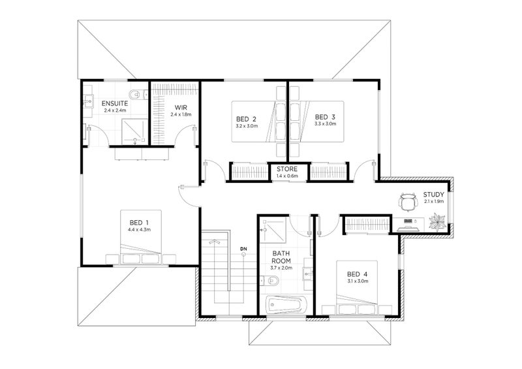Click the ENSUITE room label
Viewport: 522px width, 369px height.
pyautogui.click(x=115, y=103)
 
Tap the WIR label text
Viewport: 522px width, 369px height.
pyautogui.click(x=181, y=108)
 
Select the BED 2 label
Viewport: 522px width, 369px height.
pyautogui.click(x=246, y=119)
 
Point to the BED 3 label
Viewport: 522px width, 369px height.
pyautogui.click(x=325, y=117)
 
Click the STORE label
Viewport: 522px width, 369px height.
pyautogui.click(x=287, y=169)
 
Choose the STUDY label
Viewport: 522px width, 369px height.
pyautogui.click(x=433, y=195)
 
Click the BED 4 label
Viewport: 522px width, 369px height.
pyautogui.click(x=357, y=274)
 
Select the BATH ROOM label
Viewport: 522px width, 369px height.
pyautogui.click(x=281, y=257)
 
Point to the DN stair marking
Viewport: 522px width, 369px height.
pyautogui.click(x=243, y=249)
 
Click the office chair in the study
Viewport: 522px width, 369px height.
pyautogui.click(x=408, y=202)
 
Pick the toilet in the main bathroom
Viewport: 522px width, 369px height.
pyautogui.click(x=269, y=281)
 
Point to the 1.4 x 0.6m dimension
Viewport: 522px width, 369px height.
pyautogui.click(x=287, y=176)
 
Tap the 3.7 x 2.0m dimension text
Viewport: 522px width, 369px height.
pyautogui.click(x=281, y=268)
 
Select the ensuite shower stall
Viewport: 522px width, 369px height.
pyautogui.click(x=135, y=131)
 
